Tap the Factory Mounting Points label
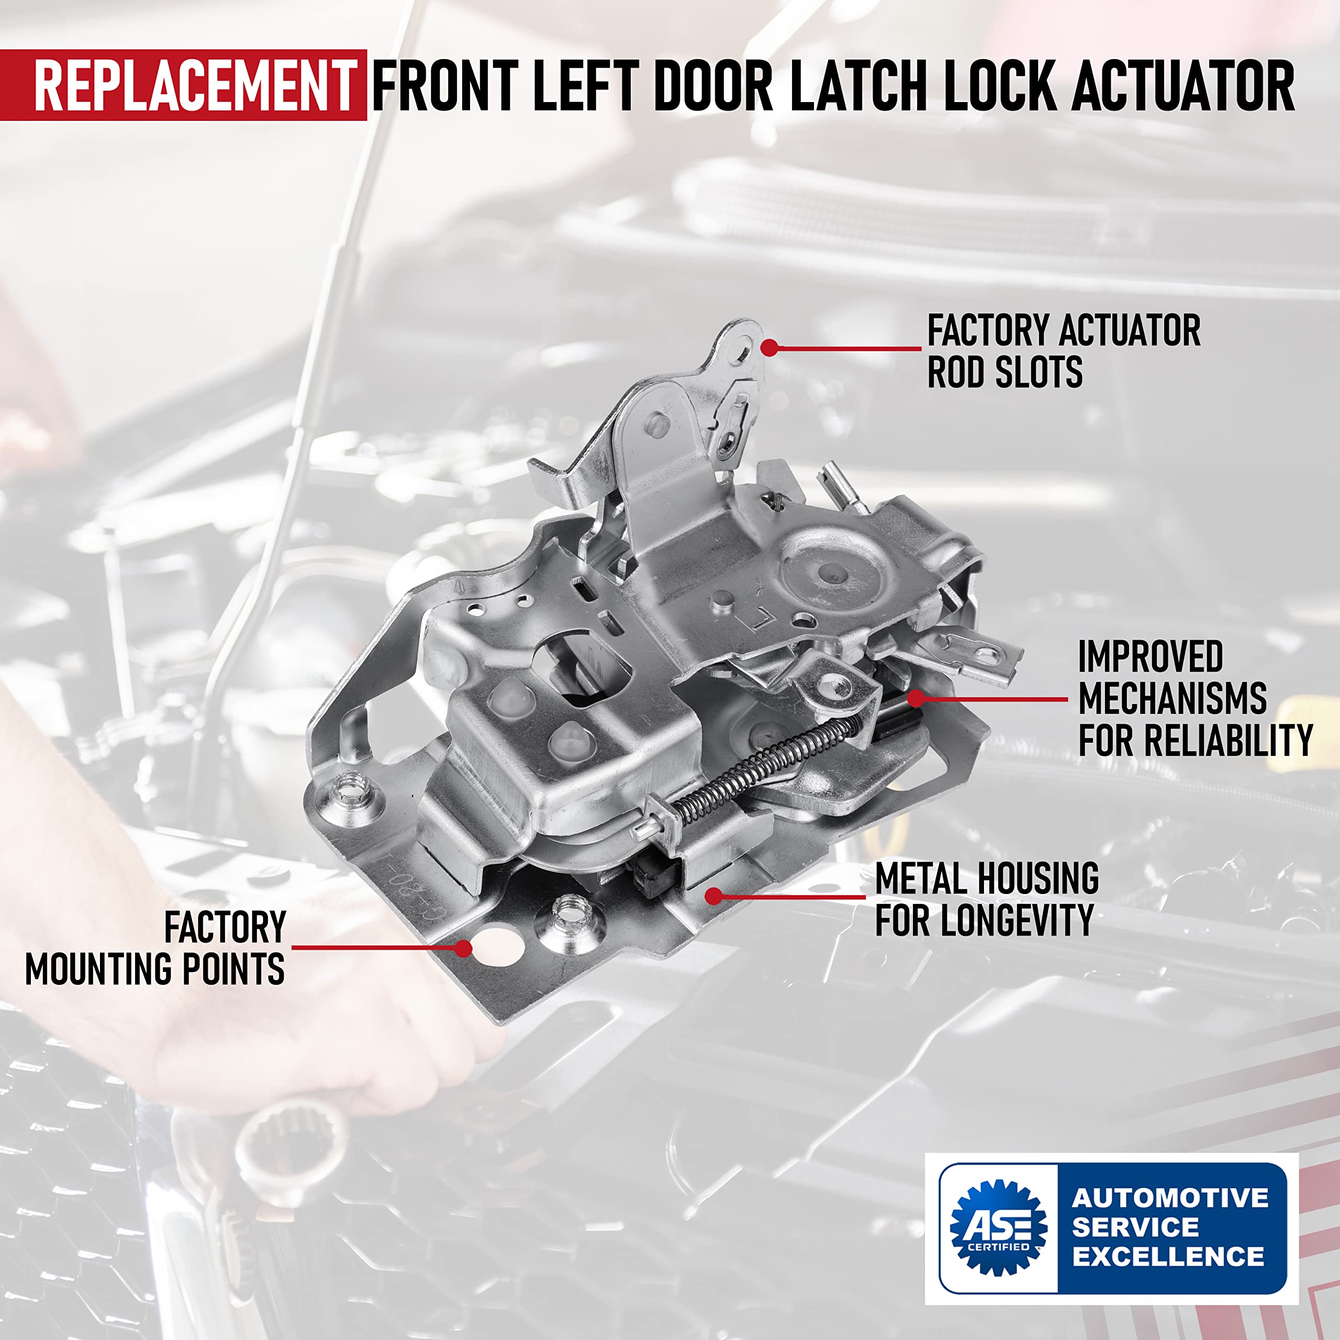(x=156, y=947)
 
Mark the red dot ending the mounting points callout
(x=463, y=947)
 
